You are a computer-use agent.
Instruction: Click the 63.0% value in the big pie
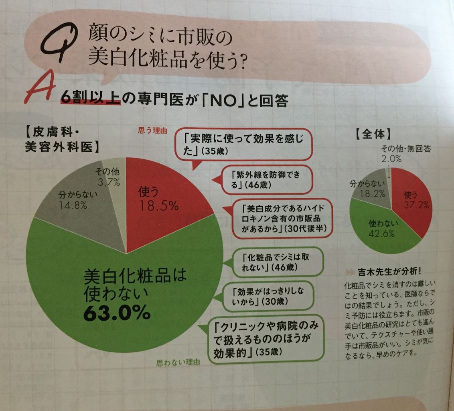[117, 313]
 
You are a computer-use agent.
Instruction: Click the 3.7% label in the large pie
[108, 183]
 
